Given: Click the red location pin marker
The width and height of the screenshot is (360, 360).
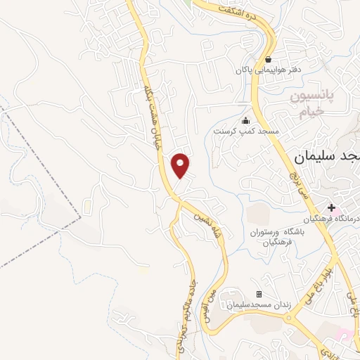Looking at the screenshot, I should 181,165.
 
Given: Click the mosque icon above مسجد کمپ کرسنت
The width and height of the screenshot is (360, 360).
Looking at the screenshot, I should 245,120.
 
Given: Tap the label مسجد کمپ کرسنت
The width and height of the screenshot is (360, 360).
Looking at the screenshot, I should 247,131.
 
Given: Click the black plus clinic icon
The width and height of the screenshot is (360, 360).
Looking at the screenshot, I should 331,207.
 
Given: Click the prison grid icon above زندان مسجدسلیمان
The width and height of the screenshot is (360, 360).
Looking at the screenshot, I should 259,294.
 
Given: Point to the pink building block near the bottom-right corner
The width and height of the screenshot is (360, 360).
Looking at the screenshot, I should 345,331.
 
